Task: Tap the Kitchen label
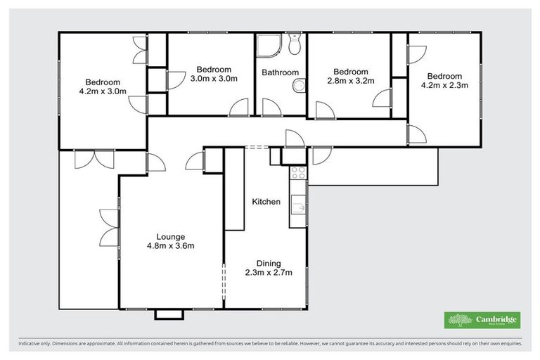coord(266,202)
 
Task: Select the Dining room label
coord(268,262)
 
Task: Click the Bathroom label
coord(280,72)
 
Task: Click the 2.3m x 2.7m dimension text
coord(268,272)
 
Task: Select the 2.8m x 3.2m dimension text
coord(350,82)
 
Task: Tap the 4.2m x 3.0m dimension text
coord(103,91)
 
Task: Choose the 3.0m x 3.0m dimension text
coord(214,79)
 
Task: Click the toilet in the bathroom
coord(295,45)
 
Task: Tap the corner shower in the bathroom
coord(268,46)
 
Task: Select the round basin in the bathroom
coord(299,86)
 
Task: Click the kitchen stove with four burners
coord(297,172)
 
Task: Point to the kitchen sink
coord(298,207)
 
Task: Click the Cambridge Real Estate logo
coord(482,320)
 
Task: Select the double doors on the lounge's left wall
coord(109,226)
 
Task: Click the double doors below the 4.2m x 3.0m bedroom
coord(94,159)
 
